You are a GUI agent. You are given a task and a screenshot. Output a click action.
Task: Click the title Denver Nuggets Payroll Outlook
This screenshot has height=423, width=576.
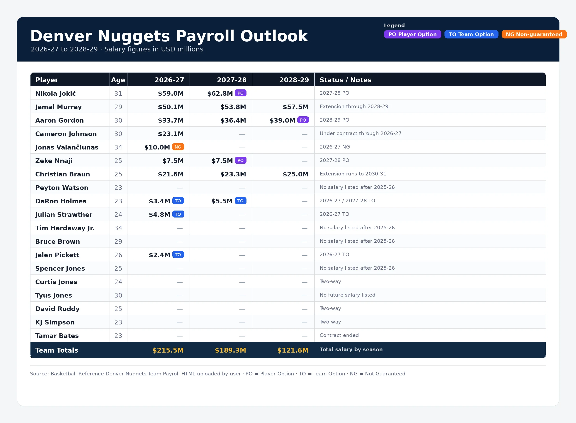pyautogui.click(x=169, y=36)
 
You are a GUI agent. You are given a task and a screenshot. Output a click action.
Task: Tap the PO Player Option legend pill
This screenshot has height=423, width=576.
pyautogui.click(x=412, y=34)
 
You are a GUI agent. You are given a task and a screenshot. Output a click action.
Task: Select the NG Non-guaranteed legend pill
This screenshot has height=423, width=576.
pyautogui.click(x=534, y=34)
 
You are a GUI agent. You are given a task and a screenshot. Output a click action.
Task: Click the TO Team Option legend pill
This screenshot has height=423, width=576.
pyautogui.click(x=471, y=34)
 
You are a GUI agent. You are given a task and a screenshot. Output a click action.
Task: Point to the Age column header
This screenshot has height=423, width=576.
pyautogui.click(x=118, y=80)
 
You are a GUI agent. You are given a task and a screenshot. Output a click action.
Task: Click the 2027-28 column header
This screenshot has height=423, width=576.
pyautogui.click(x=232, y=80)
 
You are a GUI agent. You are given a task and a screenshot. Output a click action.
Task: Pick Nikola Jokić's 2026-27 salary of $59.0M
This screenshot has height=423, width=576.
pyautogui.click(x=171, y=93)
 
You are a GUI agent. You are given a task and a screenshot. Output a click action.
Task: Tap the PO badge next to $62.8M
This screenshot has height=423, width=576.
pyautogui.click(x=240, y=93)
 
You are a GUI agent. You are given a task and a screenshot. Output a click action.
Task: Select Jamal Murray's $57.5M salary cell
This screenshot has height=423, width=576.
pyautogui.click(x=295, y=107)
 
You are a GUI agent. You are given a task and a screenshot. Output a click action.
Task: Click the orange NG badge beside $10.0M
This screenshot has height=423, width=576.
pyautogui.click(x=178, y=147)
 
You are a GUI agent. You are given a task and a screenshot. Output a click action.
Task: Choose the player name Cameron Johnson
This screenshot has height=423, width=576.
pyautogui.click(x=66, y=134)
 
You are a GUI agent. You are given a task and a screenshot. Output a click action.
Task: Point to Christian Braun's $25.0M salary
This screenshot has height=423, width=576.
pyautogui.click(x=295, y=174)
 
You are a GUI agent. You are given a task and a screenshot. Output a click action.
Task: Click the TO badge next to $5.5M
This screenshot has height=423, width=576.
pyautogui.click(x=240, y=201)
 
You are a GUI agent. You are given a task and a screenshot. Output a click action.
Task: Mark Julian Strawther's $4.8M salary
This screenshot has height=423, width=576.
pyautogui.click(x=160, y=215)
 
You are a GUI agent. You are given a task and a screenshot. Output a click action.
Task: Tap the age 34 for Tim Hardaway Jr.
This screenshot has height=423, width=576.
pyautogui.click(x=118, y=228)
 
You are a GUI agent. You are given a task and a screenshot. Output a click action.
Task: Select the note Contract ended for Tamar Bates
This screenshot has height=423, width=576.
pyautogui.click(x=339, y=335)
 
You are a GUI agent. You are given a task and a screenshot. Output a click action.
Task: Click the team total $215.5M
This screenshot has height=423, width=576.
pyautogui.click(x=168, y=350)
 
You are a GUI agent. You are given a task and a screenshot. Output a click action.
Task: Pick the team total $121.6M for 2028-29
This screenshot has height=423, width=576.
pyautogui.click(x=293, y=350)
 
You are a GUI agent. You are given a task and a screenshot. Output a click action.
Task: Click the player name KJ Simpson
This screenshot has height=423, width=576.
pyautogui.click(x=55, y=322)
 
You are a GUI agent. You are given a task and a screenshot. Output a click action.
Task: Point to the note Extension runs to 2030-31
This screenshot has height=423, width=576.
pyautogui.click(x=353, y=174)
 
